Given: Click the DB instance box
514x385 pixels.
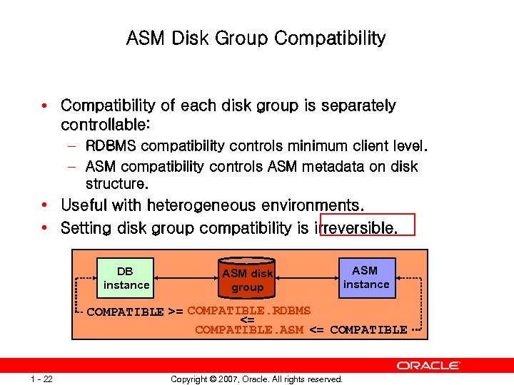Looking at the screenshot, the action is pyautogui.click(x=126, y=278).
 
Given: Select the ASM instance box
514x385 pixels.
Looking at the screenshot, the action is pyautogui.click(x=366, y=277).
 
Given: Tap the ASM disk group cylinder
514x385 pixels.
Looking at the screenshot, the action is pyautogui.click(x=248, y=279).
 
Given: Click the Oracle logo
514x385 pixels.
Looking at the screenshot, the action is pyautogui.click(x=428, y=366).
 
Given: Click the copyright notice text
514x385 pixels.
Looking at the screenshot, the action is pyautogui.click(x=256, y=379).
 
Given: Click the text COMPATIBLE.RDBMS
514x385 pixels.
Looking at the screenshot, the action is pyautogui.click(x=249, y=310).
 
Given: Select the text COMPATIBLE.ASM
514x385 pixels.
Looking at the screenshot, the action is pyautogui.click(x=249, y=329).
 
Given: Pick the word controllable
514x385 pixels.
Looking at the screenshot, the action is pyautogui.click(x=105, y=125).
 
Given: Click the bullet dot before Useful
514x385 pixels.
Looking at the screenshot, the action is pyautogui.click(x=45, y=206).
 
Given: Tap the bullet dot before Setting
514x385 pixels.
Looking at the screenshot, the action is pyautogui.click(x=45, y=229).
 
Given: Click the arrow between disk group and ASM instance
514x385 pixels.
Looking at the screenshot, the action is pyautogui.click(x=308, y=278).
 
